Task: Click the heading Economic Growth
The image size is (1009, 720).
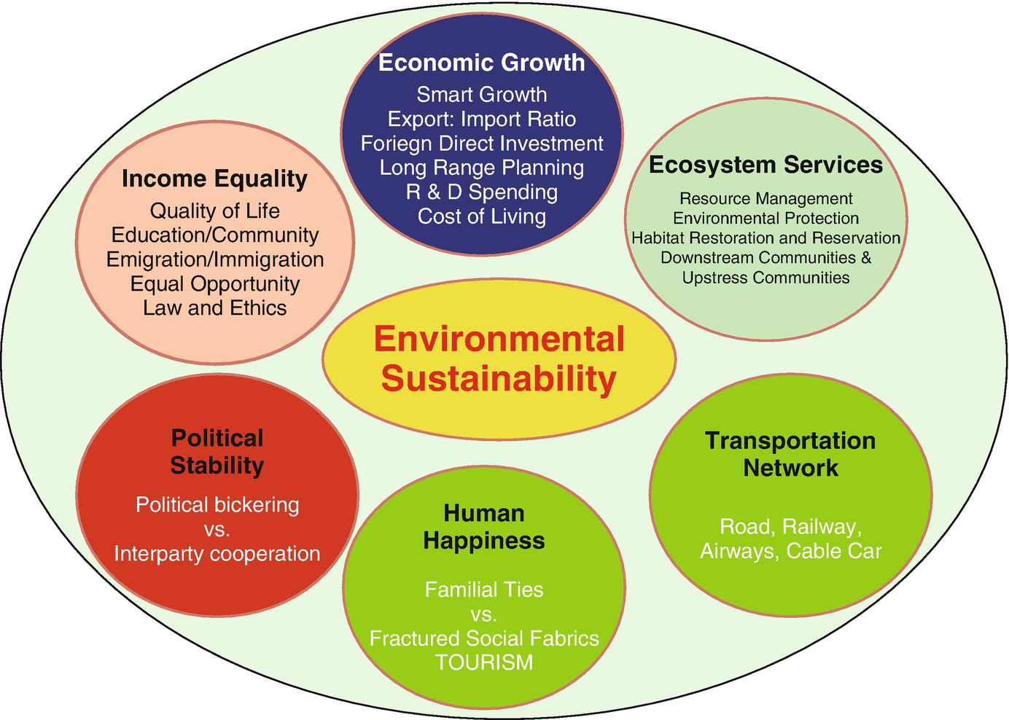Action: point(481,63)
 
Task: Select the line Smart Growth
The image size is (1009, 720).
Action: point(481,95)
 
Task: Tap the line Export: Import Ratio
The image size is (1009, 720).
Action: point(481,119)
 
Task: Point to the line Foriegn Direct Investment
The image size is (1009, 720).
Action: point(481,144)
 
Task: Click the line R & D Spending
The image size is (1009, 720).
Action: point(481,192)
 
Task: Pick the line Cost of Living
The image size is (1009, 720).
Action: point(481,216)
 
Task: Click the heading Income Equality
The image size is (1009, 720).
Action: point(214,179)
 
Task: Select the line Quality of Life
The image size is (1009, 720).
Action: point(214,211)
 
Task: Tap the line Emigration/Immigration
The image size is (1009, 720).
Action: point(214,259)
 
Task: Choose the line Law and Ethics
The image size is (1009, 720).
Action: point(214,308)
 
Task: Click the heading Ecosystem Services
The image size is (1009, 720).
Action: point(765,165)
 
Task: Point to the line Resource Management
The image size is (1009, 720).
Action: point(765,198)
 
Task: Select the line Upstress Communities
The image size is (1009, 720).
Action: point(765,278)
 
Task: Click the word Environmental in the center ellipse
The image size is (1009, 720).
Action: point(499,340)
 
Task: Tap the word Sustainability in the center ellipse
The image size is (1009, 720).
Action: point(499,379)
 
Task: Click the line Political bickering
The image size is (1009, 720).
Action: point(217,504)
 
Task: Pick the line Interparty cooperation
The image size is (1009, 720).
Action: point(217,554)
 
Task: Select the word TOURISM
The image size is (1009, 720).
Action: point(484,662)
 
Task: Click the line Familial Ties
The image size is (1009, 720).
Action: point(484,589)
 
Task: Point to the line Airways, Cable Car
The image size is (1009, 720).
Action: point(790,551)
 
